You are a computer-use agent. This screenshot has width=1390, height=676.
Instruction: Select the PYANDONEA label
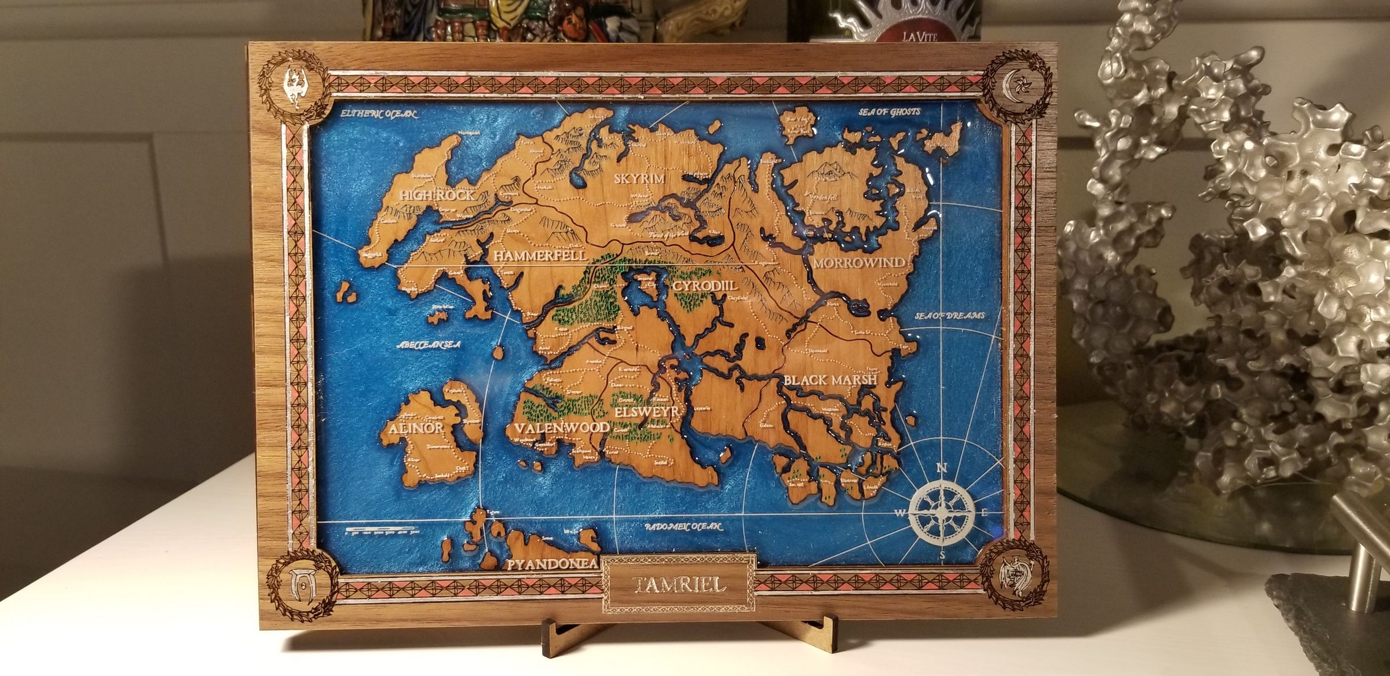[x=553, y=564]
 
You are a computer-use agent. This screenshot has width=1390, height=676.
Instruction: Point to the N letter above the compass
[x=942, y=468]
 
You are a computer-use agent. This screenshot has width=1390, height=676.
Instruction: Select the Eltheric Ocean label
[x=378, y=114]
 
